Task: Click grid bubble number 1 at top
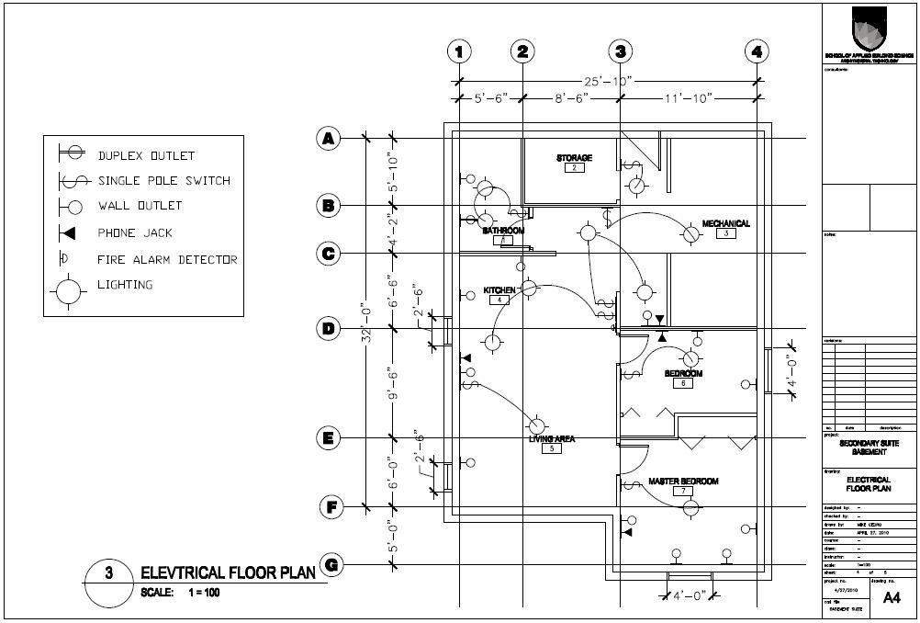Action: [460, 51]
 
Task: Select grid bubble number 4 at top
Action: [757, 51]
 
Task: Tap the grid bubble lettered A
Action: [328, 139]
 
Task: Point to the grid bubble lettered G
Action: [331, 564]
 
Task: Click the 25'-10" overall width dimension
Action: [607, 81]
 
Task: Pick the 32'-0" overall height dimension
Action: [365, 323]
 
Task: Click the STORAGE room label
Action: [574, 158]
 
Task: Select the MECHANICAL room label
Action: [725, 223]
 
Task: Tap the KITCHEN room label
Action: [499, 290]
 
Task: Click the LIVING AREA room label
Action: [551, 439]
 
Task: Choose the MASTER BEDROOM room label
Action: [683, 481]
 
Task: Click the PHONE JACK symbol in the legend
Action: [66, 232]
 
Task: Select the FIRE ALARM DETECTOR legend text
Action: [167, 260]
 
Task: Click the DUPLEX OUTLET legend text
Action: [146, 156]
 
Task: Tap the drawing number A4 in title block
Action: [891, 598]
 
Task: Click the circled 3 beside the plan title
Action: [108, 574]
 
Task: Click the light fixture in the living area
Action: [537, 425]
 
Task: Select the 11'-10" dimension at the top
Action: [688, 97]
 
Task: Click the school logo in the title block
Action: [868, 28]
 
